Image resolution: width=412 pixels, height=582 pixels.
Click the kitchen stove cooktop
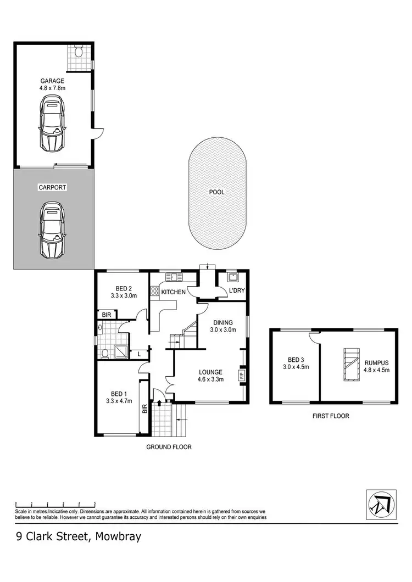click(155, 291)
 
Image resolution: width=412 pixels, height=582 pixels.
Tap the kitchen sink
click(173, 276)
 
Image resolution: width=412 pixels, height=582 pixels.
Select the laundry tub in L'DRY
click(232, 277)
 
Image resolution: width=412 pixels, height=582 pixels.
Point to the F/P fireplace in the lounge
click(241, 376)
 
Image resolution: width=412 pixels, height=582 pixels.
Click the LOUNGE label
click(210, 372)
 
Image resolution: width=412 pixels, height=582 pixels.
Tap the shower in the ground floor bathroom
click(119, 351)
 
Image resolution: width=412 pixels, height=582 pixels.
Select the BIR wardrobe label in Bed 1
click(144, 409)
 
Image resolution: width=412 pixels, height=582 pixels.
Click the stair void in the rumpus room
click(349, 364)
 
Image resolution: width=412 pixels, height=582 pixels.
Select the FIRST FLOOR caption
click(331, 416)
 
